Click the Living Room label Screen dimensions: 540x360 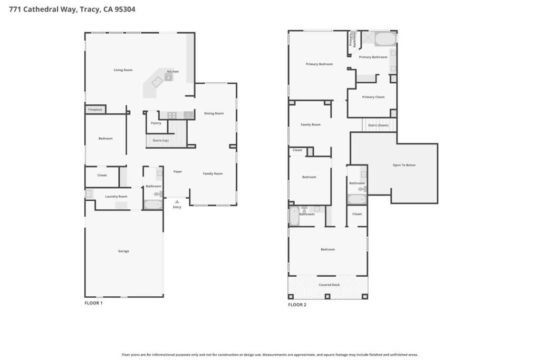coord(123,70)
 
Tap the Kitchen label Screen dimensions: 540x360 coord(173,72)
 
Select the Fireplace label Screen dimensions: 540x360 coord(95,110)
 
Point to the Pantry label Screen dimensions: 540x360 coord(156,123)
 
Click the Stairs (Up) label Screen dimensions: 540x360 coord(160,140)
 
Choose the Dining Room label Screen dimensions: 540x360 coord(214,113)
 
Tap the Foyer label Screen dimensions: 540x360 coord(178,171)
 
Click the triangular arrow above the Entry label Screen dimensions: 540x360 coord(177,202)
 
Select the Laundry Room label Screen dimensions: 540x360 coord(116,197)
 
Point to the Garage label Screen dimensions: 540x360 coord(123,251)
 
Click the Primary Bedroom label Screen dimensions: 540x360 coord(319,64)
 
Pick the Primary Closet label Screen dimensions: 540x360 coord(373,97)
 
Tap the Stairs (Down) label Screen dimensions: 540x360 coord(378,125)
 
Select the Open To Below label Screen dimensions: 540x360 coord(404,165)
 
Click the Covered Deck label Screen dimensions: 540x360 coord(329,285)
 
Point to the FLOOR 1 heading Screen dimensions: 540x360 coord(94,303)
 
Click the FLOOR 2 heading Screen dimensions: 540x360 coord(297,305)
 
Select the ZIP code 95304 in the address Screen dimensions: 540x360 coord(125,9)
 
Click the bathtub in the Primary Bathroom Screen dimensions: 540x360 coord(385,38)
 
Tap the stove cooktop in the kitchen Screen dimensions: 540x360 coord(172,115)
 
